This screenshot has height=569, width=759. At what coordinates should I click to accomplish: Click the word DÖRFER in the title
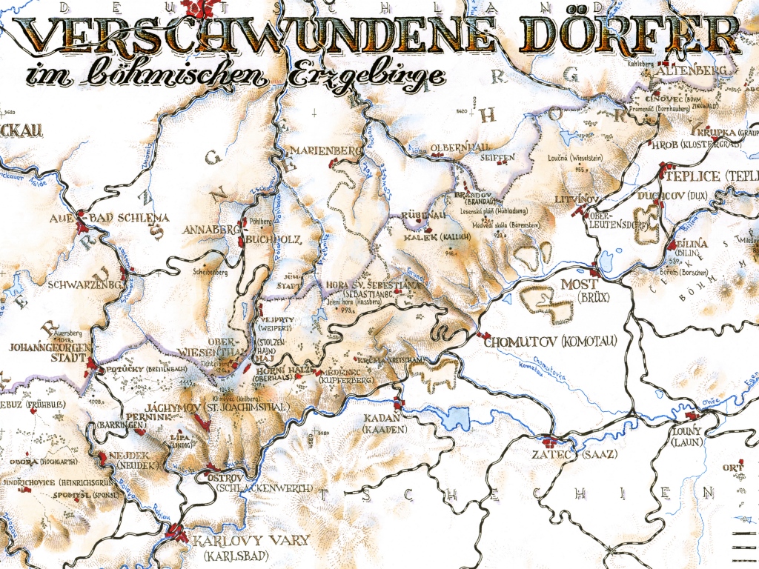pyautogui.click(x=629, y=35)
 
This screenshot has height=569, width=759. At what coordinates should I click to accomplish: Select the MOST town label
pyautogui.click(x=579, y=284)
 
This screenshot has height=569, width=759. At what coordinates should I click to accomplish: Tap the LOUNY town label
pyautogui.click(x=687, y=430)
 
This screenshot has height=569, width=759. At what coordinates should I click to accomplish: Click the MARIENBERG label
pyautogui.click(x=327, y=151)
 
